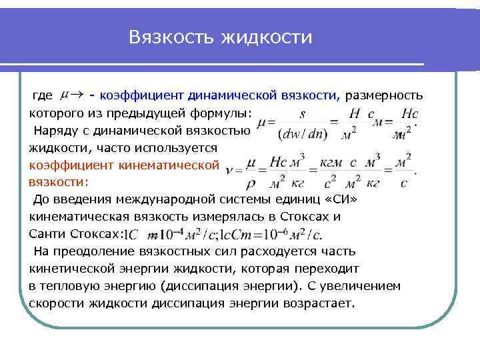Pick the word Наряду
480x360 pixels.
[x=55, y=130]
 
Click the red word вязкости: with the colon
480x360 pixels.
[x=58, y=182]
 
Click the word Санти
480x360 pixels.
[x=48, y=234]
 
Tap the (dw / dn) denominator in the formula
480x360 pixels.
[x=301, y=133]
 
